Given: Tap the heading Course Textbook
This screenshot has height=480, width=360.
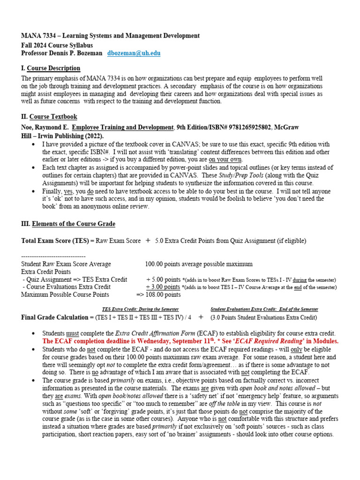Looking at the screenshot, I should (x=53, y=117).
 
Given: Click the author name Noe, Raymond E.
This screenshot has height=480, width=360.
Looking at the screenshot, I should (x=45, y=127).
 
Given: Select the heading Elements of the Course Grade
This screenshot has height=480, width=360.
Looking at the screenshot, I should (x=73, y=224).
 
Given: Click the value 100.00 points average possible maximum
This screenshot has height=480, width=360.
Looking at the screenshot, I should (x=199, y=264).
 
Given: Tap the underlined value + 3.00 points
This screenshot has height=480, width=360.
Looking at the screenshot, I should (x=163, y=287).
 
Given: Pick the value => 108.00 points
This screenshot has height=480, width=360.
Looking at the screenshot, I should (x=158, y=294).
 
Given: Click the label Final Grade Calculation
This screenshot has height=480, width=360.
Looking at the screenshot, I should (x=55, y=317).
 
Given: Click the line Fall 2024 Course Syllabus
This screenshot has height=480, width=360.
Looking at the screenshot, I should (x=57, y=45).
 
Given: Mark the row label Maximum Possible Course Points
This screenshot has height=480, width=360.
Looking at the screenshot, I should (x=65, y=294).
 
